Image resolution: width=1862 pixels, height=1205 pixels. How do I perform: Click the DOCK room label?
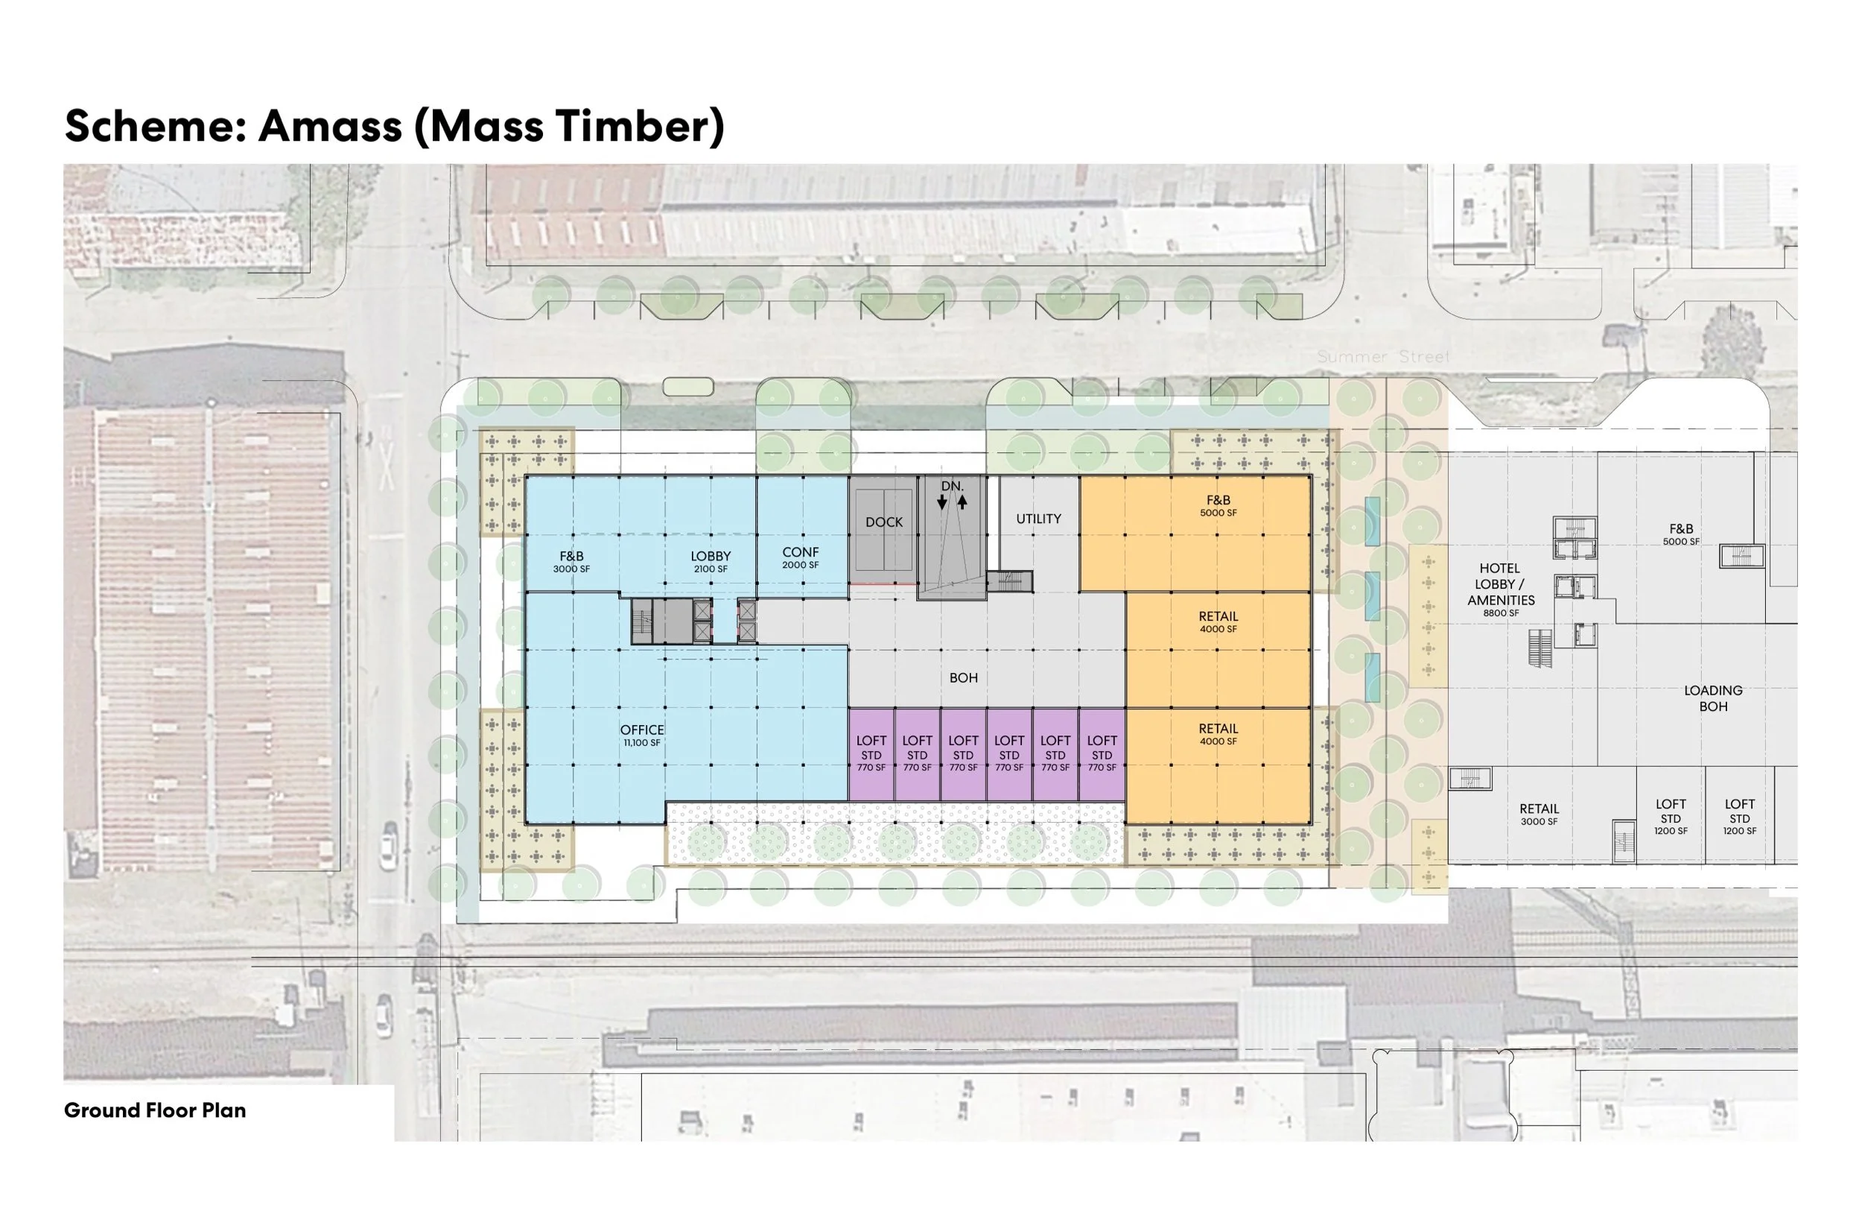(883, 522)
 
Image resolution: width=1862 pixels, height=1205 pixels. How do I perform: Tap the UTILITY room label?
(1038, 519)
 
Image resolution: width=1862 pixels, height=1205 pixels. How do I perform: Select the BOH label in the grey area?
(963, 677)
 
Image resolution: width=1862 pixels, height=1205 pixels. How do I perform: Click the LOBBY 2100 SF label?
(710, 561)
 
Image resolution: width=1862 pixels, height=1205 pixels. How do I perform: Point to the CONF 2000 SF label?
(800, 557)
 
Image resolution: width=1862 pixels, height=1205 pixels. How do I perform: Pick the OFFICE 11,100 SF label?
(641, 735)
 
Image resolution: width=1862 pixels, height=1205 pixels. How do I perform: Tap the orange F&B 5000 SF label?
(1218, 505)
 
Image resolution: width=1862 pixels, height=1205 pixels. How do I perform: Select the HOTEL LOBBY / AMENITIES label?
(1500, 589)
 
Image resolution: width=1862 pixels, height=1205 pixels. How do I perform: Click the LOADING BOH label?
(1712, 698)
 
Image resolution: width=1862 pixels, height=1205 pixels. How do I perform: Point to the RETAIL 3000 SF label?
(1538, 814)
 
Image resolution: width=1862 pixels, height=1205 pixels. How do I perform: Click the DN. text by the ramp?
(952, 486)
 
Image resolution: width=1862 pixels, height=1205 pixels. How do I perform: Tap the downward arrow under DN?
(941, 503)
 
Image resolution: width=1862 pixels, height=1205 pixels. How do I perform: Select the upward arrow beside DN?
(962, 502)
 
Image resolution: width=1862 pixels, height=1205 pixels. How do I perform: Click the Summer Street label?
(1382, 357)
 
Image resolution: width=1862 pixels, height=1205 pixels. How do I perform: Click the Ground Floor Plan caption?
(155, 1110)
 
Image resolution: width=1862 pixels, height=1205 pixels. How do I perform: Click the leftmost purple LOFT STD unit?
(871, 753)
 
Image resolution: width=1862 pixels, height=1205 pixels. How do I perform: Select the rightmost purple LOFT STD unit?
(1101, 753)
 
